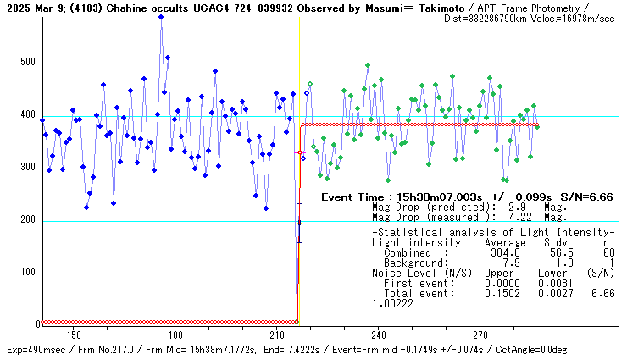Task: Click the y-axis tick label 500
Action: tap(26, 63)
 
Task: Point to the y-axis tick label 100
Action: tap(26, 273)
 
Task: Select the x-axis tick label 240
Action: tap(379, 334)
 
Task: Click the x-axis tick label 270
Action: tap(480, 334)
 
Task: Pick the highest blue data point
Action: tap(161, 17)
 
